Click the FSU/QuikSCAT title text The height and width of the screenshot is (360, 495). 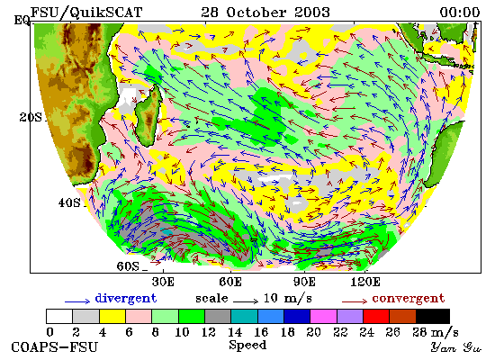tap(86, 13)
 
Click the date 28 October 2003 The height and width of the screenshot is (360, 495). tap(265, 13)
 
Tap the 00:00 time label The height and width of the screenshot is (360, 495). tap(460, 13)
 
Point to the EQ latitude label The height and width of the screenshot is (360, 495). tap(22, 21)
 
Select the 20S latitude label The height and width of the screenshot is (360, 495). tap(31, 118)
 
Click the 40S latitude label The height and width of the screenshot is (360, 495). tap(69, 202)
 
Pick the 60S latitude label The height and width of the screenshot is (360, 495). tap(128, 266)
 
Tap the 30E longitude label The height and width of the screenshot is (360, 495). tap(163, 282)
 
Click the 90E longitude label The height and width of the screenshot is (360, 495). tap(304, 282)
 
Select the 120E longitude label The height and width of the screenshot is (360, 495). tap(365, 282)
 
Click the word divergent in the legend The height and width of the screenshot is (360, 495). tap(126, 298)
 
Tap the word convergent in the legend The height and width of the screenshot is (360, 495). tap(409, 299)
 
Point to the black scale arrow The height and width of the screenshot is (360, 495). tap(246, 301)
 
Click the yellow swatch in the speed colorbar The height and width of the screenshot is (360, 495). tap(112, 317)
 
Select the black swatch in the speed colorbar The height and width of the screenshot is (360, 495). tap(433, 317)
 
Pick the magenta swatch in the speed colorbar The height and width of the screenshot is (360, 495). tap(324, 317)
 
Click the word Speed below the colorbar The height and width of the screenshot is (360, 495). tap(247, 346)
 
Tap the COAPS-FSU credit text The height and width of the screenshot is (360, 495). tap(54, 347)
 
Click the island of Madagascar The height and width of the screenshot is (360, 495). tap(148, 116)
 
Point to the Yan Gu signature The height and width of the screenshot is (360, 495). tap(456, 347)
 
